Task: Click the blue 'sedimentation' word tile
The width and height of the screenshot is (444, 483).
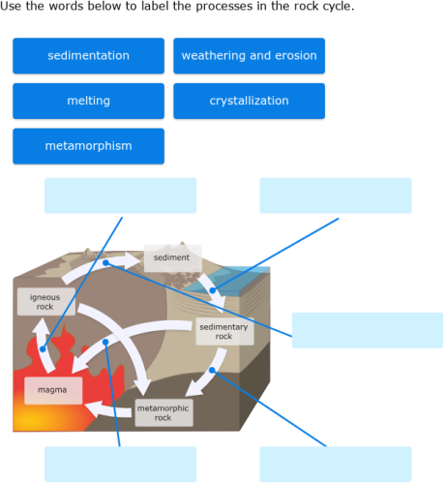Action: pyautogui.click(x=88, y=56)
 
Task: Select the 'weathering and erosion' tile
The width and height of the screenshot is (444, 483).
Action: pyautogui.click(x=249, y=56)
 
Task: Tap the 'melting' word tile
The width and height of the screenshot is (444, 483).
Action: pyautogui.click(x=88, y=101)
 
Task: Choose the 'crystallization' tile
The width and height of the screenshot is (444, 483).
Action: pyautogui.click(x=249, y=101)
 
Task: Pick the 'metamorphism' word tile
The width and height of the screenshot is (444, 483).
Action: pyautogui.click(x=88, y=146)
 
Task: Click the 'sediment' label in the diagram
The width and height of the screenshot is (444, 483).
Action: pyautogui.click(x=172, y=258)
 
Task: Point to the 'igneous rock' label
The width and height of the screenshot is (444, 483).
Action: pyautogui.click(x=45, y=302)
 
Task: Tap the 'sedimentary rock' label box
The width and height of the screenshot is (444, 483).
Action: pyautogui.click(x=223, y=332)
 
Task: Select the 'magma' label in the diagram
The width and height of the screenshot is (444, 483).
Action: pyautogui.click(x=52, y=390)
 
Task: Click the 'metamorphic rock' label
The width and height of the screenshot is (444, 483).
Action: pyautogui.click(x=163, y=413)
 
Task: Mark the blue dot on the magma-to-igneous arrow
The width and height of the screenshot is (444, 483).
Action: pyautogui.click(x=44, y=348)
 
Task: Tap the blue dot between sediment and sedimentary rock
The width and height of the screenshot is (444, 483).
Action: pyautogui.click(x=213, y=290)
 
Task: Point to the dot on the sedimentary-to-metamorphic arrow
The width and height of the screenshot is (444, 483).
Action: pyautogui.click(x=211, y=370)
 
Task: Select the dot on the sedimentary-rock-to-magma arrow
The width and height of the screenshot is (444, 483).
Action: pyautogui.click(x=106, y=342)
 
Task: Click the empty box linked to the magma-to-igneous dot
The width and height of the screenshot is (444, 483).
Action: pyautogui.click(x=120, y=195)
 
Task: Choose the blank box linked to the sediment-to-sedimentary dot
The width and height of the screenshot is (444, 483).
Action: pyautogui.click(x=335, y=195)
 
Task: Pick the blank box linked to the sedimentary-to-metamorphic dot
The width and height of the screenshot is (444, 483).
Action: pyautogui.click(x=335, y=464)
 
